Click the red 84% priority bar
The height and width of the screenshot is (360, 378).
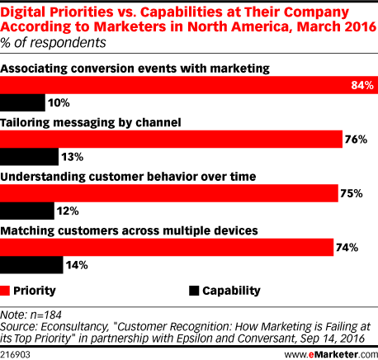(x=189, y=85)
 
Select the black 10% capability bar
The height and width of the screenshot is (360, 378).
(x=22, y=102)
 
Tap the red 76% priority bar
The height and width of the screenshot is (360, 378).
(x=171, y=139)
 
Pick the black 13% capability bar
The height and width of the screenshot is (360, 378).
(x=29, y=157)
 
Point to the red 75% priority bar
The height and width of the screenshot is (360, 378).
(x=169, y=193)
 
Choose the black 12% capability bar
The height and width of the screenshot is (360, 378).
(x=27, y=211)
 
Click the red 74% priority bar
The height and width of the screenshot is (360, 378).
(x=167, y=247)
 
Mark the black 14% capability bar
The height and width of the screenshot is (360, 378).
(x=31, y=265)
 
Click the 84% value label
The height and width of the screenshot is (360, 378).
(x=362, y=85)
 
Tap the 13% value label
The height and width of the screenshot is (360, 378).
(x=72, y=157)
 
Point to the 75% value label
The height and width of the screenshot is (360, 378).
(x=352, y=193)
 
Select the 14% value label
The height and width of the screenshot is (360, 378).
(x=77, y=265)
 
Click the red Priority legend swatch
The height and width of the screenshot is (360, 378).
(x=5, y=291)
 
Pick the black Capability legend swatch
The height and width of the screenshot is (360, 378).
(x=194, y=291)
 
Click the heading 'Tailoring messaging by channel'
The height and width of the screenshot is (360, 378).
(x=91, y=122)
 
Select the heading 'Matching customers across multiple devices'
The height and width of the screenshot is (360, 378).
(x=129, y=230)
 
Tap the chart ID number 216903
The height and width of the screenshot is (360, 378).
(x=15, y=354)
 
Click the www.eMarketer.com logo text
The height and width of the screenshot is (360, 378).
(x=331, y=354)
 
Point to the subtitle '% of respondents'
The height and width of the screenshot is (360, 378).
(x=53, y=43)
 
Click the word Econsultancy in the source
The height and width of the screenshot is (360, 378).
(x=74, y=327)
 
